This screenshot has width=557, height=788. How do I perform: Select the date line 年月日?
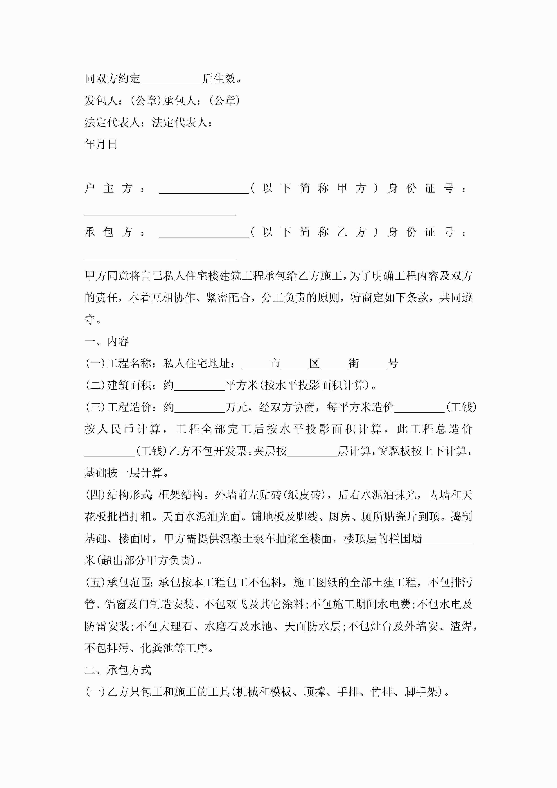pyautogui.click(x=101, y=144)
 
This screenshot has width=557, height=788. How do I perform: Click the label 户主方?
pyautogui.click(x=108, y=188)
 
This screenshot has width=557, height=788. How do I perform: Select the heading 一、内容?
pyautogui.click(x=107, y=341)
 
